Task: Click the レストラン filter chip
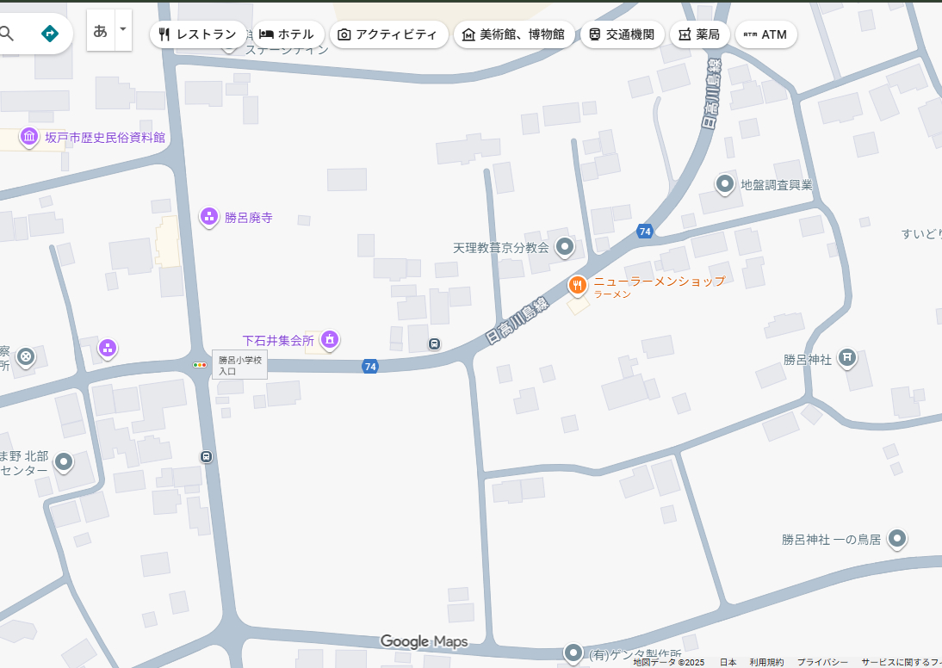[x=197, y=34]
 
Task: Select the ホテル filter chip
[x=287, y=34]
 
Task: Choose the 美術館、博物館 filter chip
[x=513, y=34]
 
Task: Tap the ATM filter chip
[x=765, y=34]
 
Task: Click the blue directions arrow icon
[x=50, y=34]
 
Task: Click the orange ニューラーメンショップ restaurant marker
[x=577, y=284]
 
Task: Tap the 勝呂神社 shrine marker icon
[x=847, y=357]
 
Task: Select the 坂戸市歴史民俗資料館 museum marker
[x=29, y=137]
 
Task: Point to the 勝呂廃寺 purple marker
[x=208, y=217]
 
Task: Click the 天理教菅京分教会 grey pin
[x=565, y=247]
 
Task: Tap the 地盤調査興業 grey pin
[x=725, y=183]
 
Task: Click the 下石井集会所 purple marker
[x=329, y=340]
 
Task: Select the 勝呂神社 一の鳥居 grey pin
[x=897, y=539]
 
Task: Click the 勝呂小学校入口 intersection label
[x=239, y=365]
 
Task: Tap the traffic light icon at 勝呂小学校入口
[x=200, y=365]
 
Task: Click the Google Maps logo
[x=424, y=641]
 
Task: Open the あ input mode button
[x=101, y=31]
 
